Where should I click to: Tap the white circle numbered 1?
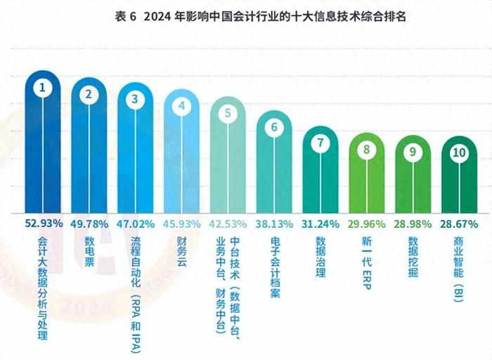(x=43, y=88)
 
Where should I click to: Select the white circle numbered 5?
(x=228, y=112)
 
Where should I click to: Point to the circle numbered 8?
(x=367, y=149)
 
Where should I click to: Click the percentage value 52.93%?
(x=44, y=223)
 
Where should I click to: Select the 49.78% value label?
(x=90, y=223)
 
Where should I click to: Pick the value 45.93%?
(x=182, y=223)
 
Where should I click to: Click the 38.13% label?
(x=275, y=223)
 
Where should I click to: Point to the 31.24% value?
(x=321, y=223)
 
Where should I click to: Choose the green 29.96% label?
(x=367, y=223)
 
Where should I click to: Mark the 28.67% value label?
(x=460, y=223)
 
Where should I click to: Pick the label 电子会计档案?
(x=275, y=267)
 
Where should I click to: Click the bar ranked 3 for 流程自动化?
(x=136, y=162)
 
